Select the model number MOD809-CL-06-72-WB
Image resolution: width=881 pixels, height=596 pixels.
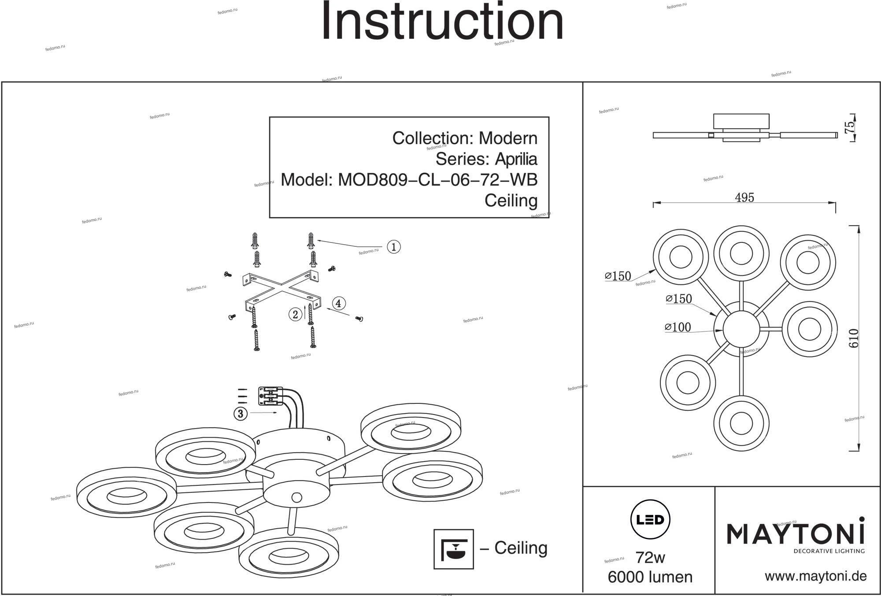[437, 180]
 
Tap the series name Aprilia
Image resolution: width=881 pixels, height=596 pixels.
[516, 159]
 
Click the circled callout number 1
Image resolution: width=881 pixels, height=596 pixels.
[393, 247]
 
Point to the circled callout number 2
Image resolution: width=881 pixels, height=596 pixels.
[295, 314]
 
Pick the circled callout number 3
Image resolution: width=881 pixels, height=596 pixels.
[240, 413]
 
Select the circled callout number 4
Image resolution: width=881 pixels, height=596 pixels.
[338, 303]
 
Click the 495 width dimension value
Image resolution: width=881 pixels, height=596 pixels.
[744, 197]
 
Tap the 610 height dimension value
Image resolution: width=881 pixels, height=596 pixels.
[854, 338]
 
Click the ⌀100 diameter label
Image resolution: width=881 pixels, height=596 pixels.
[678, 327]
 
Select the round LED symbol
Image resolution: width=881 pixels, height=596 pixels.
[650, 520]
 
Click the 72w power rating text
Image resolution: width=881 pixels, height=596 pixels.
[650, 558]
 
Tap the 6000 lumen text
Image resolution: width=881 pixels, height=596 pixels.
[650, 577]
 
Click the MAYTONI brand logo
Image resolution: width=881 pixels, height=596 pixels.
[795, 534]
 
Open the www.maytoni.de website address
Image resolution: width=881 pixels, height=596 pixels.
[815, 576]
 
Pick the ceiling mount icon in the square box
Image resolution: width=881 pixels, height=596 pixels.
[453, 549]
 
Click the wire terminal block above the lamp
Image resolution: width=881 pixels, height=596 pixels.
[270, 396]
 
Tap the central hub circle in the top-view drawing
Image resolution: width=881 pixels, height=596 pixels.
[741, 329]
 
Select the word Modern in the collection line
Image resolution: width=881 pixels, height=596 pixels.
[508, 138]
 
